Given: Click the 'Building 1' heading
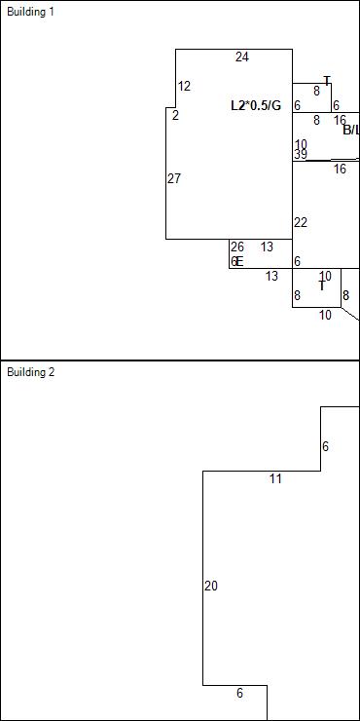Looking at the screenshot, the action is (x=30, y=12).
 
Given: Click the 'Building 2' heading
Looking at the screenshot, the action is (x=30, y=372).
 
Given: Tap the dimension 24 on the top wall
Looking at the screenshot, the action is (x=241, y=57).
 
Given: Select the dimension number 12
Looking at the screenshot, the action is (x=184, y=87).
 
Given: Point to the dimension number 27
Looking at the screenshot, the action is (x=174, y=179).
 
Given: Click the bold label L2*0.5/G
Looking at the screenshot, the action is (x=255, y=105).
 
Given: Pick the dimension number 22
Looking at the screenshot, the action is (x=301, y=223).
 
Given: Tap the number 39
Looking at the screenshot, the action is (x=301, y=155).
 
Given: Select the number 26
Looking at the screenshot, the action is (x=237, y=247).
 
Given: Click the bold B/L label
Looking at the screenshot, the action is (x=350, y=130).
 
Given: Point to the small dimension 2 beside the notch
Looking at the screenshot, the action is (x=175, y=116).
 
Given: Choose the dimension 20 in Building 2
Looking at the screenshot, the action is (x=211, y=587).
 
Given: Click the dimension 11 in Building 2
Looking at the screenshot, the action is (x=275, y=479).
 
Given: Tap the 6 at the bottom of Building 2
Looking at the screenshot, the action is (x=239, y=694).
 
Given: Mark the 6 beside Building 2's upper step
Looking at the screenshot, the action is (x=325, y=447).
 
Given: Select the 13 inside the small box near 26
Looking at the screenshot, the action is (x=267, y=247).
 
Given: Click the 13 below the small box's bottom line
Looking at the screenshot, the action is (x=271, y=277).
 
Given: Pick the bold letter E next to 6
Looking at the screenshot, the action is (x=239, y=262).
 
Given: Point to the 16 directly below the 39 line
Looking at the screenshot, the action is (x=340, y=170).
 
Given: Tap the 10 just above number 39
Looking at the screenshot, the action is (x=301, y=144).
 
